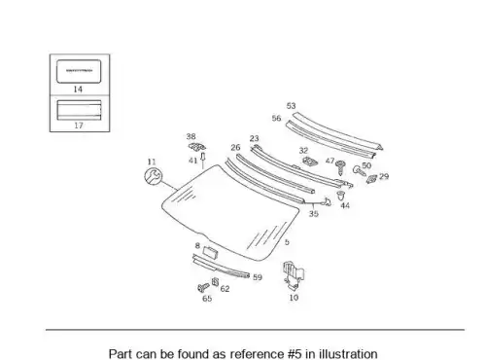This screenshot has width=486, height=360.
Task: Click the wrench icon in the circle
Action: pyautogui.click(x=153, y=176)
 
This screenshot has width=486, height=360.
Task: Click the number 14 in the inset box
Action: pyautogui.click(x=78, y=90)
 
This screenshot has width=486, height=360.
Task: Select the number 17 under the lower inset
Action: pyautogui.click(x=79, y=126)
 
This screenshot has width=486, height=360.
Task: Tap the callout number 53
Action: pyautogui.click(x=291, y=106)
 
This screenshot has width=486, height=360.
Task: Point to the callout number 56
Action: pyautogui.click(x=276, y=118)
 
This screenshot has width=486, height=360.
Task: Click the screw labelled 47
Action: pyautogui.click(x=340, y=166)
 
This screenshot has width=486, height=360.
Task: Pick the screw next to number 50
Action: pyautogui.click(x=359, y=170)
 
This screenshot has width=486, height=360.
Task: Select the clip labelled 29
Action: pyautogui.click(x=371, y=179)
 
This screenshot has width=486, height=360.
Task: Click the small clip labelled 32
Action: pyautogui.click(x=310, y=161)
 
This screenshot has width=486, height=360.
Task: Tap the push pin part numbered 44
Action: pyautogui.click(x=340, y=196)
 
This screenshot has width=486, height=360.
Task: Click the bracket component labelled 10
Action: pyautogui.click(x=294, y=274)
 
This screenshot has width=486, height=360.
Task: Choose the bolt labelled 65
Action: pyautogui.click(x=203, y=288)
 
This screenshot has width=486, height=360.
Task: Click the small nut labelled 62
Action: pyautogui.click(x=215, y=282)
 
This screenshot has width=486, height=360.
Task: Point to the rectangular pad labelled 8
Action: pyautogui.click(x=210, y=252)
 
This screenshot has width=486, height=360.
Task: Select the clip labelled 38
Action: pyautogui.click(x=196, y=147)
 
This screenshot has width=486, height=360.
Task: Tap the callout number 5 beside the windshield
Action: pyautogui.click(x=287, y=242)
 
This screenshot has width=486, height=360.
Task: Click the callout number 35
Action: pyautogui.click(x=313, y=214)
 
